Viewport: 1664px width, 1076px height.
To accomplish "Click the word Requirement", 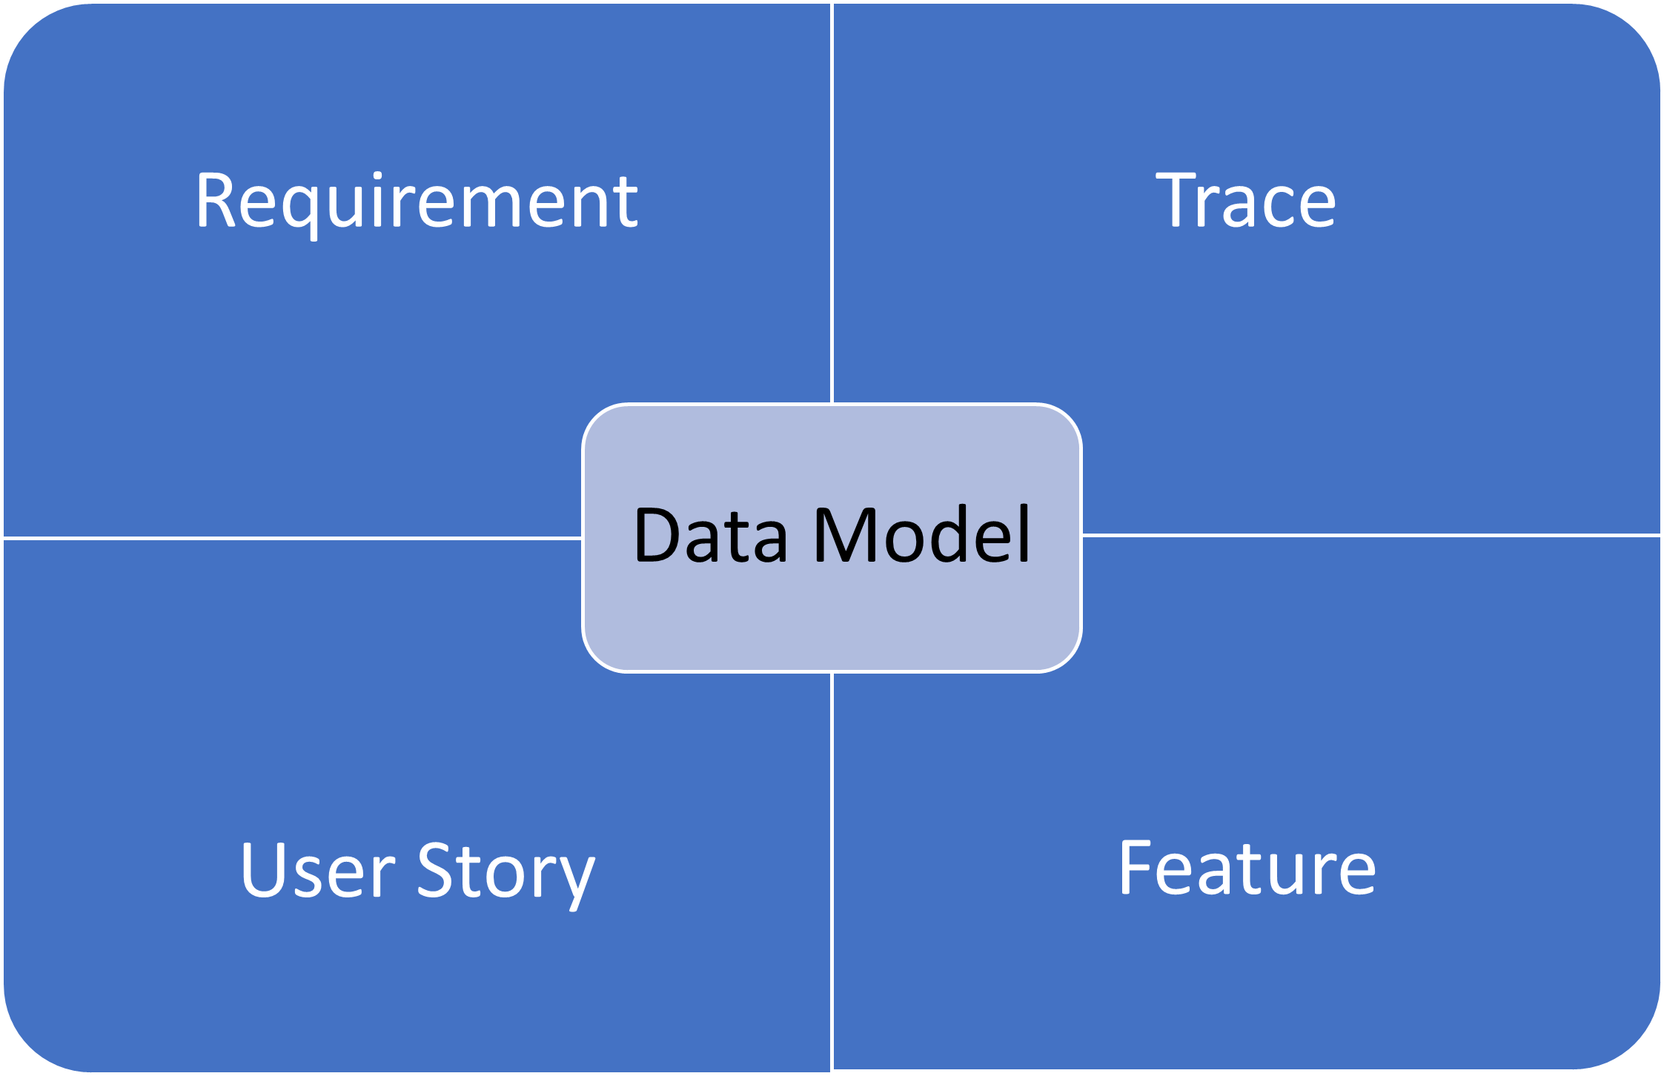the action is point(417,202).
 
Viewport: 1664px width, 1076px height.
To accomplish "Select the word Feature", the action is point(1247,868).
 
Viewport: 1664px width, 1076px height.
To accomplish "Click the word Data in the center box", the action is point(711,534).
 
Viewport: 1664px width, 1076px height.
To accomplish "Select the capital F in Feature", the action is point(1136,868).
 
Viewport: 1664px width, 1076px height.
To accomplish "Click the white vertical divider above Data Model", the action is point(832,203).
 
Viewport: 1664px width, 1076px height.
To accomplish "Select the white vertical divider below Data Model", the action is point(832,871).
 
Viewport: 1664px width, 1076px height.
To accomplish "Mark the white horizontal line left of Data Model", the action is point(293,538).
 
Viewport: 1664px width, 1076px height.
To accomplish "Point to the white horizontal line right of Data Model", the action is point(1371,535).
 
